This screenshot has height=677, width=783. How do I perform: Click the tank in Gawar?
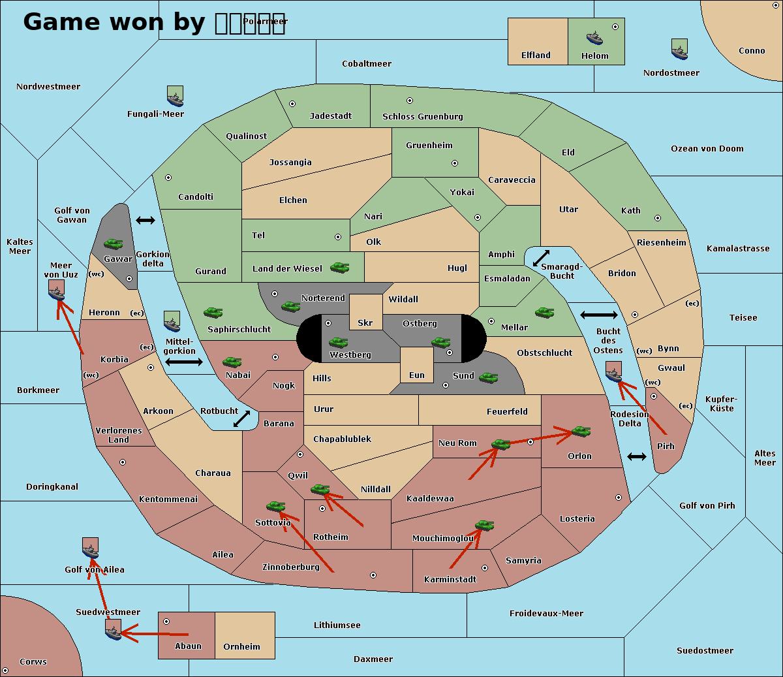click(x=114, y=244)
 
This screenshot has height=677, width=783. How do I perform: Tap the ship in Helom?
click(x=594, y=37)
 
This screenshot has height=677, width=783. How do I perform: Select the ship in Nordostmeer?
click(x=679, y=49)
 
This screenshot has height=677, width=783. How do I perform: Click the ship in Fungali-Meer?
click(x=175, y=96)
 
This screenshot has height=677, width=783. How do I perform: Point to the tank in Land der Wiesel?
click(x=339, y=267)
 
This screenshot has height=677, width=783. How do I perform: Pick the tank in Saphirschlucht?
click(x=213, y=313)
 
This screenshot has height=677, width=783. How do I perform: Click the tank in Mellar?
click(x=544, y=312)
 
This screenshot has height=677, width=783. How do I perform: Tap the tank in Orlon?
click(x=580, y=432)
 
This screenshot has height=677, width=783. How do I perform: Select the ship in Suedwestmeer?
click(x=114, y=629)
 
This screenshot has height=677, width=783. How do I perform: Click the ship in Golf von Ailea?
click(x=91, y=548)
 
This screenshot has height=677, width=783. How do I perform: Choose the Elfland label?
click(x=536, y=55)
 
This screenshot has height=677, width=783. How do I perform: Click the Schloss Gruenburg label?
click(x=422, y=117)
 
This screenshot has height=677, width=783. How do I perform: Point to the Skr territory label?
click(x=365, y=323)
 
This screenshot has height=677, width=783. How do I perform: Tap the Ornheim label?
click(x=241, y=647)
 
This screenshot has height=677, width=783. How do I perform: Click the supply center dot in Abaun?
click(x=166, y=622)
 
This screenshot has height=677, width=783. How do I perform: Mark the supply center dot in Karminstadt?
click(x=484, y=568)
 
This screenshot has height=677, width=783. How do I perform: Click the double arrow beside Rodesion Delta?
click(x=637, y=457)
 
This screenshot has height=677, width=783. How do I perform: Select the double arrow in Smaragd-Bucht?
click(x=541, y=258)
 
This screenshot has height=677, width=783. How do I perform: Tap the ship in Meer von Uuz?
click(x=57, y=290)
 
